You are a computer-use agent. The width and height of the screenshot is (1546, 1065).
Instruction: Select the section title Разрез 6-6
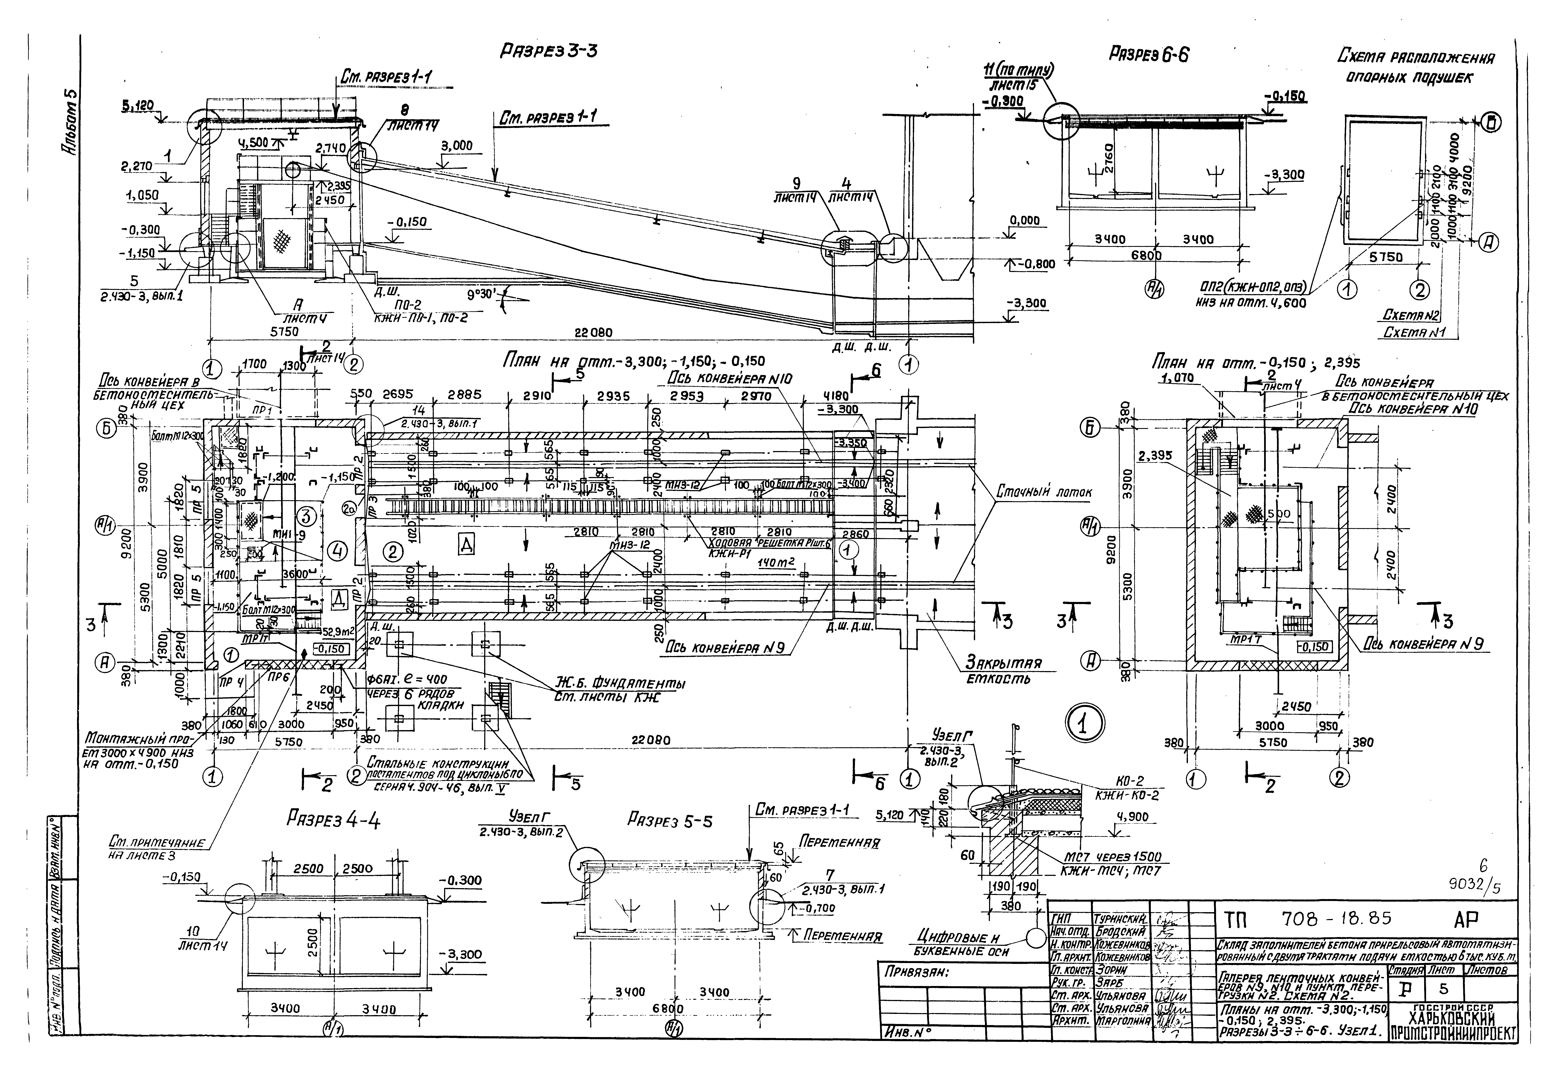[1148, 55]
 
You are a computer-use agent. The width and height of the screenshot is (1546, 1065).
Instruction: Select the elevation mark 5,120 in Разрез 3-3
[137, 105]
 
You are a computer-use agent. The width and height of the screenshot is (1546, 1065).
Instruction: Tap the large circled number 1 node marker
[1085, 723]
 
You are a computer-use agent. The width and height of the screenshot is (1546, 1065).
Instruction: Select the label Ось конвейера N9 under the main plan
[727, 647]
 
